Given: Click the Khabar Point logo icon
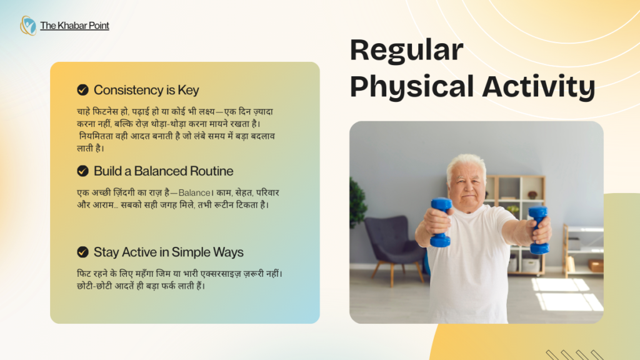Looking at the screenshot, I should click(x=28, y=26).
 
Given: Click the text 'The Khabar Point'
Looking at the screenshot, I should click(x=74, y=26).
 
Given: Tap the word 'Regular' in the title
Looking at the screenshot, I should click(x=406, y=51).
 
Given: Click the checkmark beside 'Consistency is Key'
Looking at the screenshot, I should click(x=82, y=90).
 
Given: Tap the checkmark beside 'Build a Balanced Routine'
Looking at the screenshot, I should click(x=82, y=171).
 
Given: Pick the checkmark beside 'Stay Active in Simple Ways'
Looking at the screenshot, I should click(x=82, y=252).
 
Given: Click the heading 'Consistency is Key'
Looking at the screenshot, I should click(x=146, y=90).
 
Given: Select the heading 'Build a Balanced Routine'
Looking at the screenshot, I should click(x=163, y=171).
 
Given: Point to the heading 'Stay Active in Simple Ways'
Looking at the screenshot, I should click(x=168, y=252).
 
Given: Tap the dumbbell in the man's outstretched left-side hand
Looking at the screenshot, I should click(x=441, y=221).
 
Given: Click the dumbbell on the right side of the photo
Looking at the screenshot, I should click(x=538, y=229).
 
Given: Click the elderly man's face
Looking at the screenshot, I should click(x=466, y=186).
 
